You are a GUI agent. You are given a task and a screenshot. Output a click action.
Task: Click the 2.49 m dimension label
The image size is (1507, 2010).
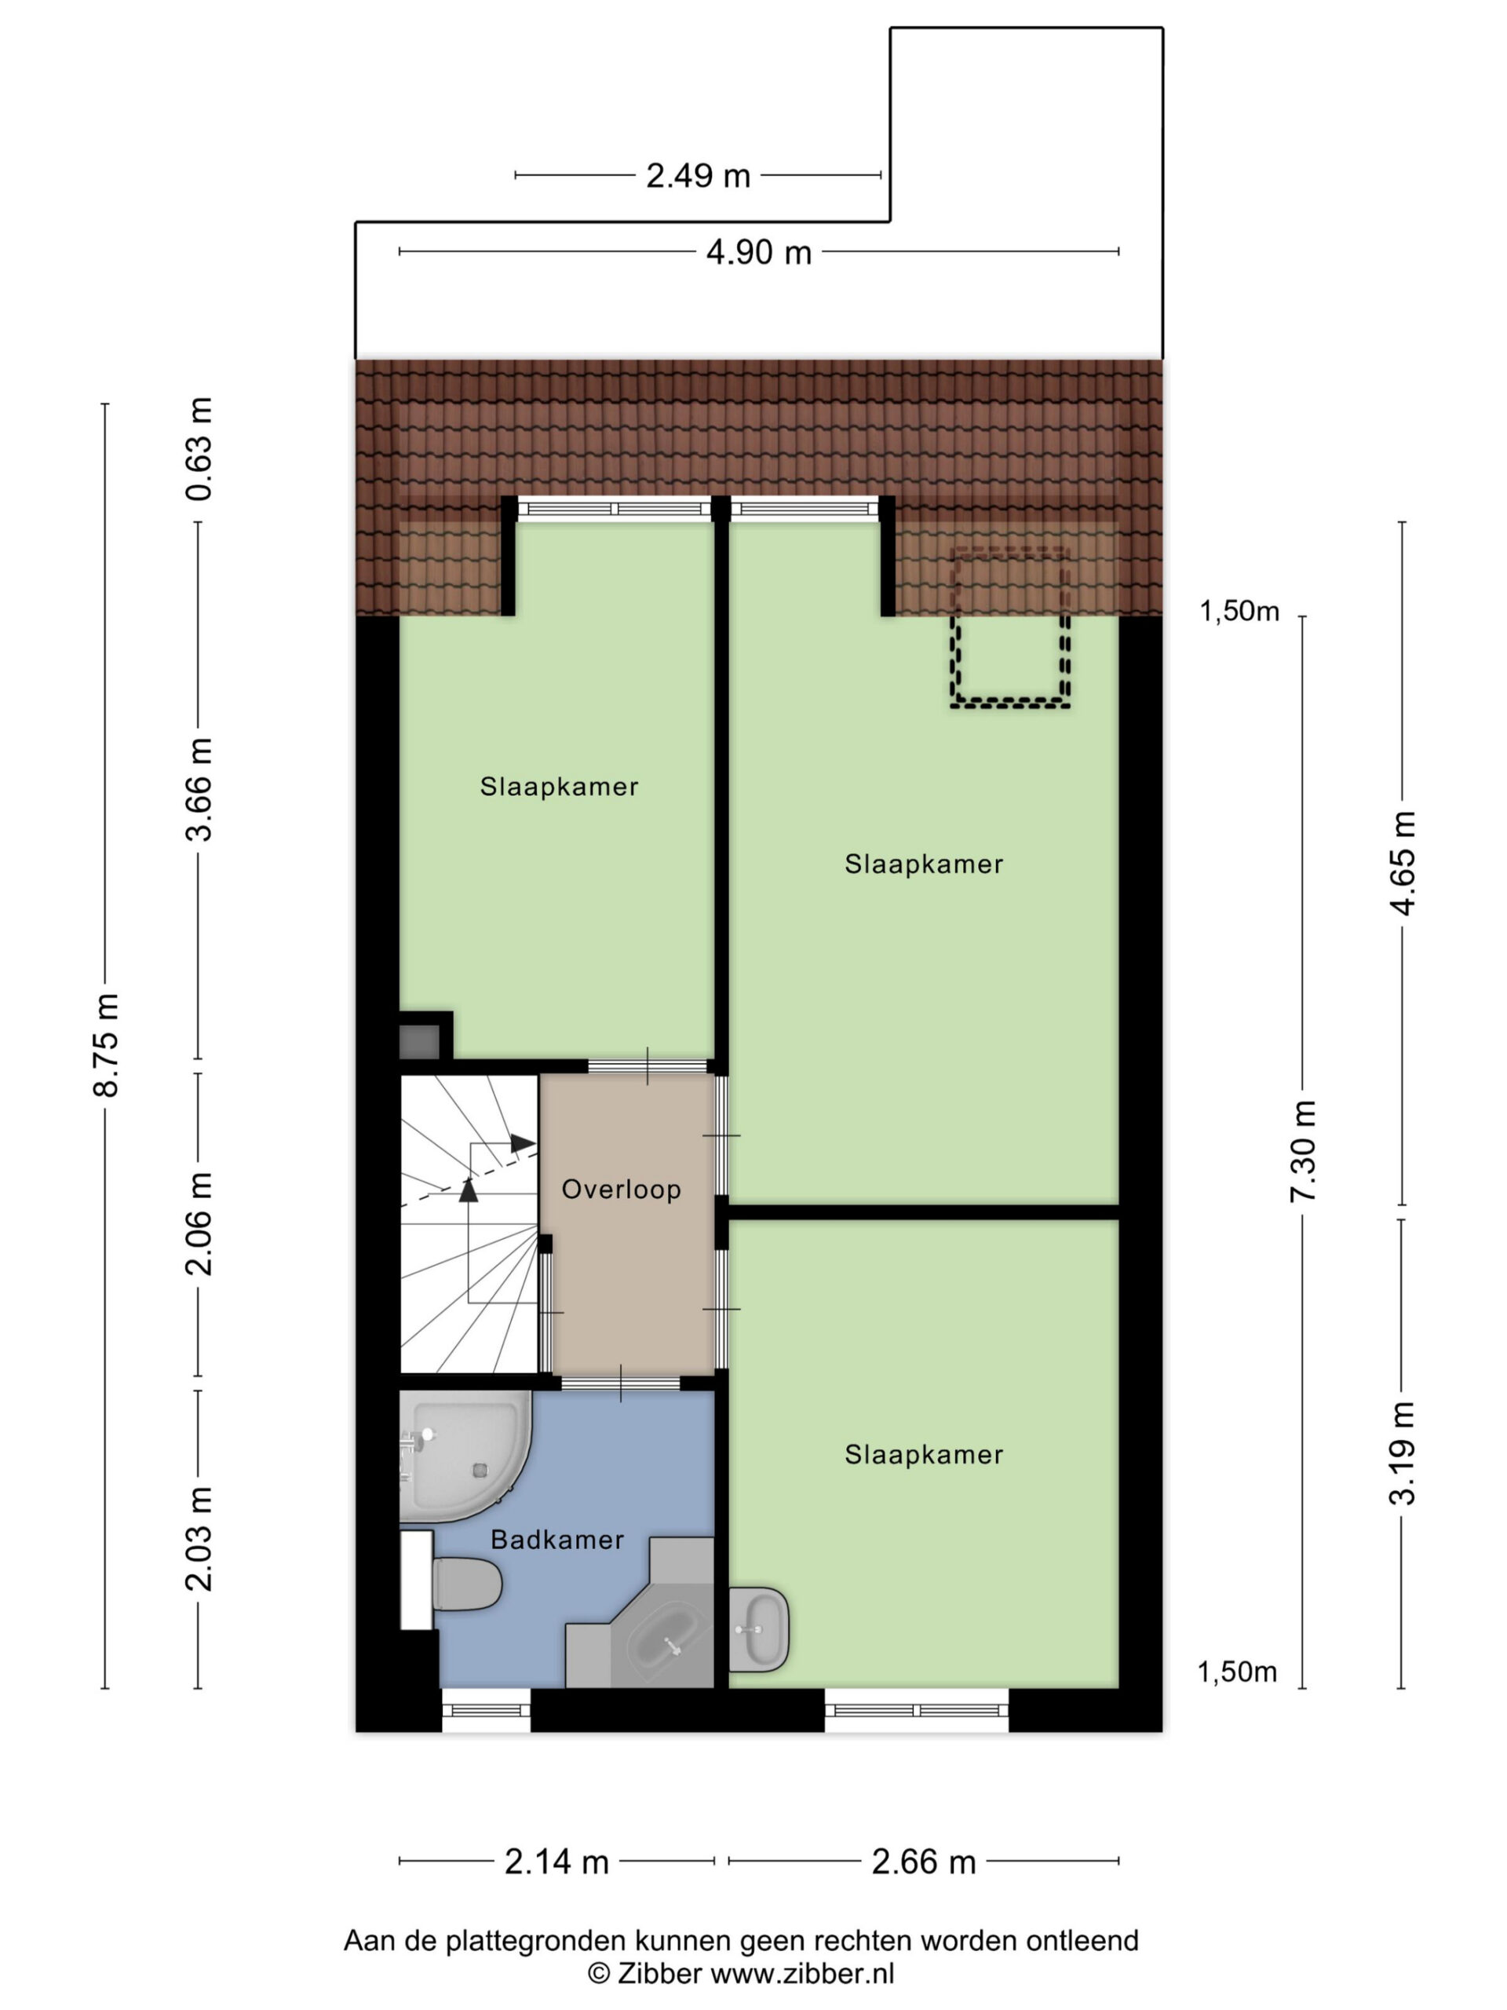[698, 175]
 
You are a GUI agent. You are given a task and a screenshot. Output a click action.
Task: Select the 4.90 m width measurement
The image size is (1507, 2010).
[758, 252]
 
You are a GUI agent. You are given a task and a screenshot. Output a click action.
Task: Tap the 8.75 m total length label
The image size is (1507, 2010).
[106, 1045]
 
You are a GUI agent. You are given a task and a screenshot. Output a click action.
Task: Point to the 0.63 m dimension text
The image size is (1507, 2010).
[199, 449]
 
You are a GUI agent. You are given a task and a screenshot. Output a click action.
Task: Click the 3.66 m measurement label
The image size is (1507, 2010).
[199, 790]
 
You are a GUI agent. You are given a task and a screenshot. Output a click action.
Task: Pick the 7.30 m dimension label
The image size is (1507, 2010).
[1303, 1150]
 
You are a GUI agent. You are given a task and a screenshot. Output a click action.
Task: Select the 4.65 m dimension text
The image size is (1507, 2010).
[1403, 862]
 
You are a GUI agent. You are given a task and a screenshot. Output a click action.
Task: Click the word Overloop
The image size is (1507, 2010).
[622, 1190]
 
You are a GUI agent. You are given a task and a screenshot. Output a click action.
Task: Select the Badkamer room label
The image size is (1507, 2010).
[556, 1540]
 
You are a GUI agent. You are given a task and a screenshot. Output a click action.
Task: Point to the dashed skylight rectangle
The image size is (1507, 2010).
[1009, 627]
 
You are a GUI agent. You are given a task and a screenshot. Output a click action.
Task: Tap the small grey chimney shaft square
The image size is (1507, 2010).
[420, 1041]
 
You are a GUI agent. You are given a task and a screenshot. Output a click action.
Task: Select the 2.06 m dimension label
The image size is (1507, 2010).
[199, 1224]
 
